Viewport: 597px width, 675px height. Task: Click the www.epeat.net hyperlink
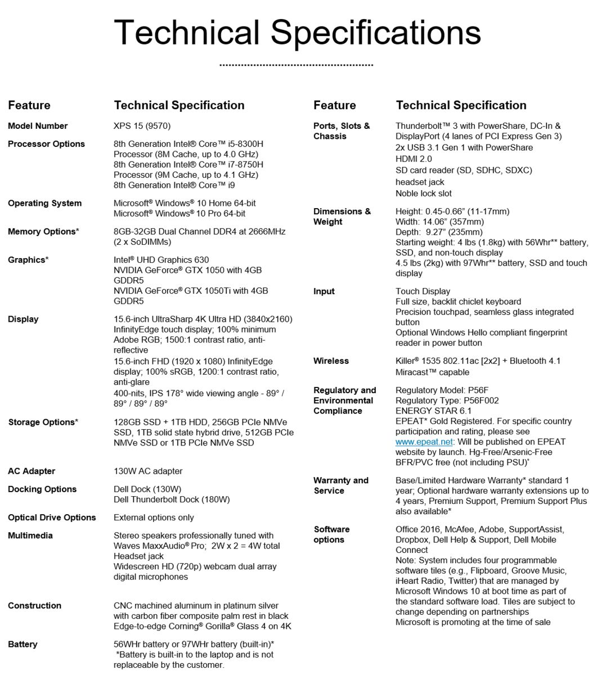(x=416, y=442)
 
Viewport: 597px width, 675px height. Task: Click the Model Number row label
(x=38, y=126)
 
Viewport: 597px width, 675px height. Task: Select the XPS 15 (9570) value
(x=142, y=126)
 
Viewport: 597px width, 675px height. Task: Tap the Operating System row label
(x=44, y=203)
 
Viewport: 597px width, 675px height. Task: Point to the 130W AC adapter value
(x=148, y=471)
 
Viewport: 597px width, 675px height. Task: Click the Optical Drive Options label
(x=52, y=517)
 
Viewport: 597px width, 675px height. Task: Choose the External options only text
(x=154, y=517)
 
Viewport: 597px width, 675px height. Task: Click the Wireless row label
(x=331, y=361)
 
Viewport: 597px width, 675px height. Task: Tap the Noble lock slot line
(x=424, y=193)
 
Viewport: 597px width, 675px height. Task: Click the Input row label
(x=324, y=291)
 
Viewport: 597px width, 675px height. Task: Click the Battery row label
(x=23, y=645)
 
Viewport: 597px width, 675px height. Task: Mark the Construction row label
(x=34, y=606)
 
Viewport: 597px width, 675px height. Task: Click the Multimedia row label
(x=31, y=535)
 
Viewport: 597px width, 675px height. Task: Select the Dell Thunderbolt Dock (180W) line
(x=172, y=499)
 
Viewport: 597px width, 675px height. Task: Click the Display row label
(x=23, y=319)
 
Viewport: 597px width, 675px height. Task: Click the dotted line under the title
(x=296, y=65)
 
